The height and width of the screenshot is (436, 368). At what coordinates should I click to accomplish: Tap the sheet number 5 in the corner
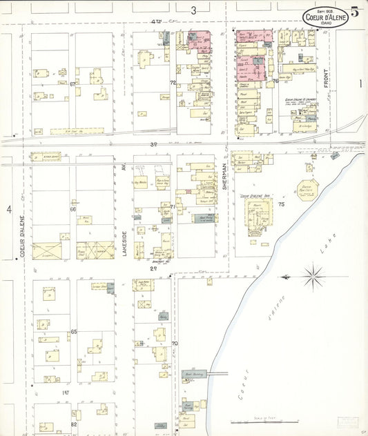click(354, 11)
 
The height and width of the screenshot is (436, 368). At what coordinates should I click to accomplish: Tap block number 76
click(275, 81)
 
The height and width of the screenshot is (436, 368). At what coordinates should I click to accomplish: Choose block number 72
click(173, 83)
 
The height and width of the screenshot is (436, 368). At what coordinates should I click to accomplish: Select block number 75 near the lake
click(281, 204)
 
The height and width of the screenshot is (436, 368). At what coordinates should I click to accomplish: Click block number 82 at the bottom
click(73, 424)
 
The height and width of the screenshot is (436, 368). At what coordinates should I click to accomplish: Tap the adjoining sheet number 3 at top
click(194, 10)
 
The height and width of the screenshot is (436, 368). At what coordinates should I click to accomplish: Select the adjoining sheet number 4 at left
click(10, 209)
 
